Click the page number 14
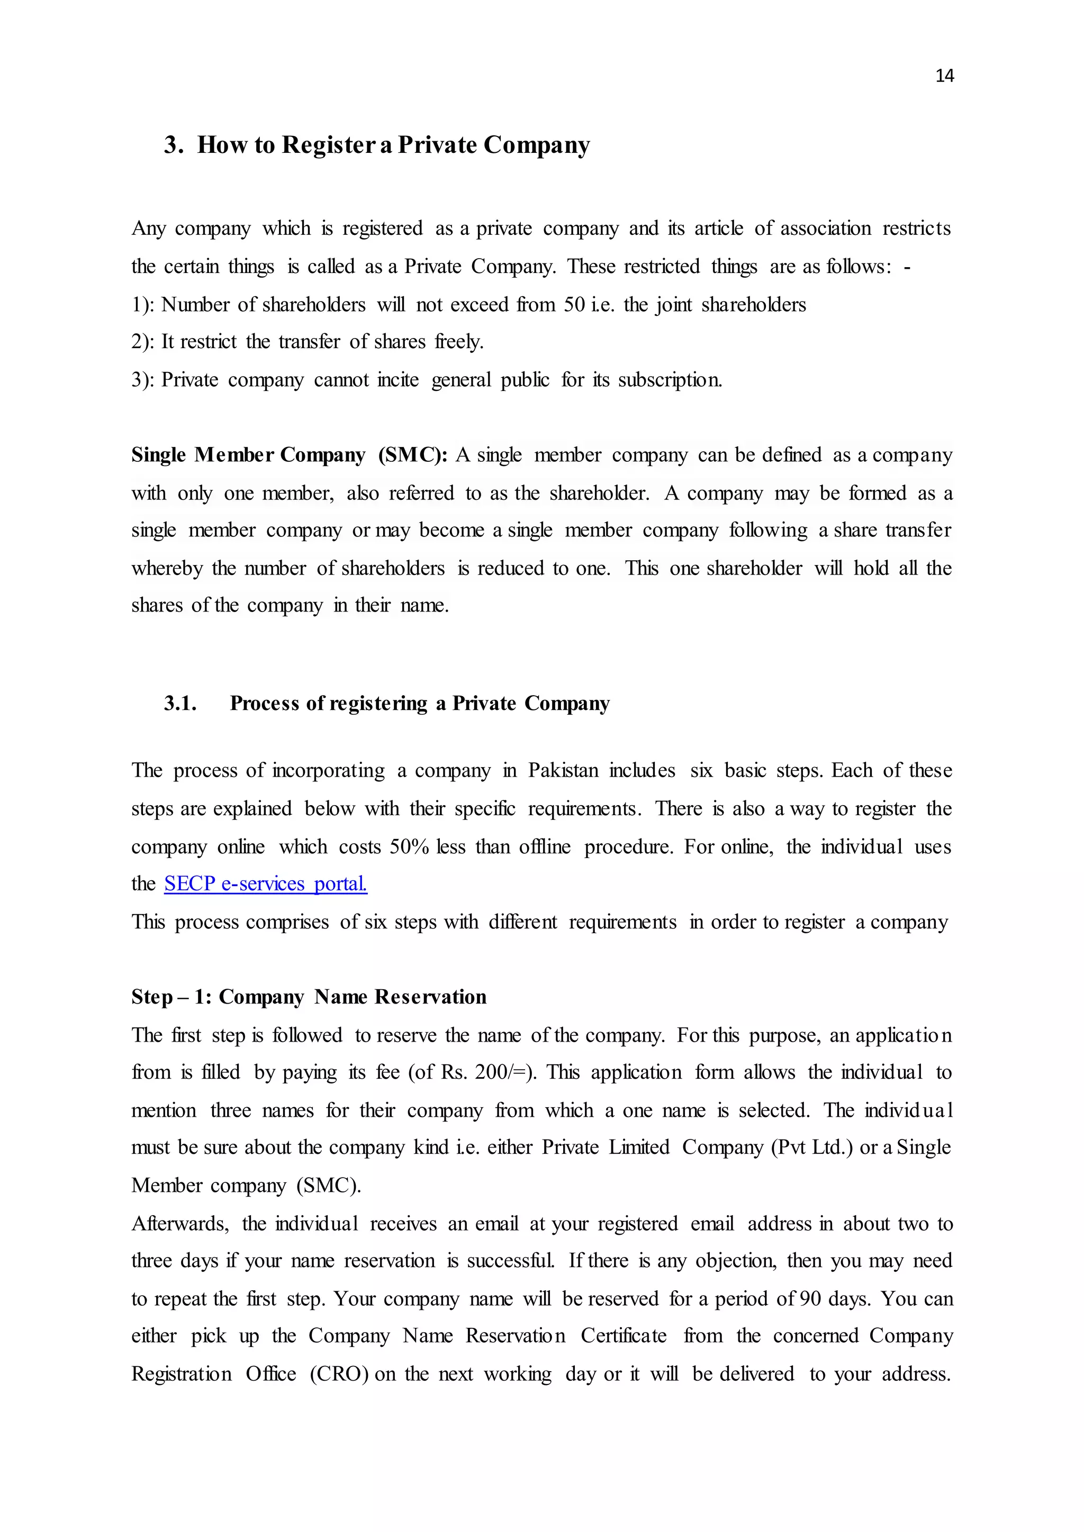944,76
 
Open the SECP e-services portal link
266,883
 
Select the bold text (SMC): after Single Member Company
412,455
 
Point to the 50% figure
409,847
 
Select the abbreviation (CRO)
339,1374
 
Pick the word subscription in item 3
669,380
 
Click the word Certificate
623,1336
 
